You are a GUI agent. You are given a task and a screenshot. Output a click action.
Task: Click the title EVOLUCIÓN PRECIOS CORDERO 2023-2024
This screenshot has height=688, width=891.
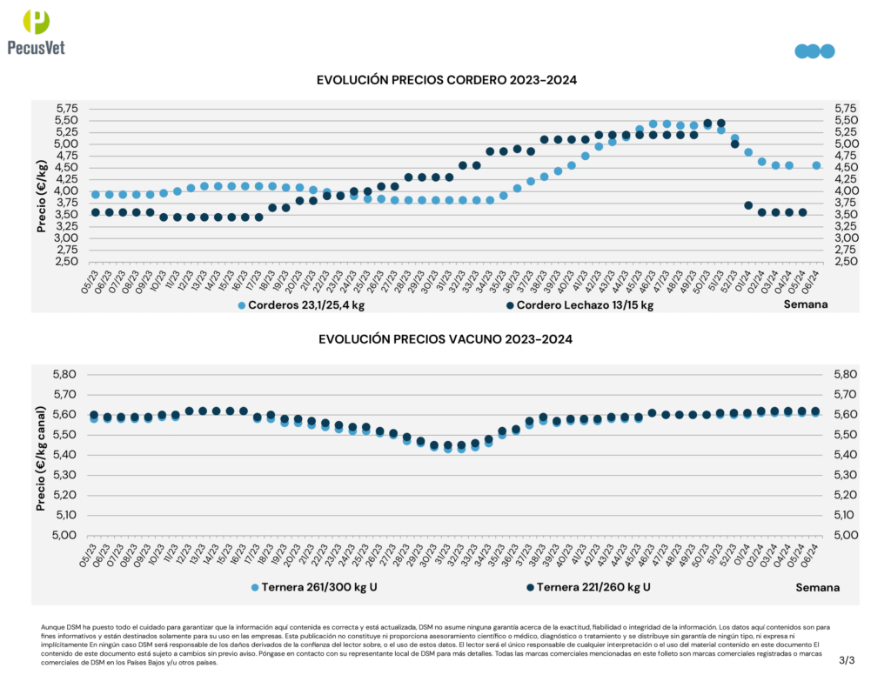(446, 80)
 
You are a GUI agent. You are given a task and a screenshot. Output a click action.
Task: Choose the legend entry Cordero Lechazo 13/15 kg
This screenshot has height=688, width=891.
(579, 305)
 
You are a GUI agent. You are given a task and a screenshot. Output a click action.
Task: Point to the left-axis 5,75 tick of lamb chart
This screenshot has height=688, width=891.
(67, 109)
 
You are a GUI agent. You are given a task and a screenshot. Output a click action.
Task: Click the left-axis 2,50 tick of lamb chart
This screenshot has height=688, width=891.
(67, 262)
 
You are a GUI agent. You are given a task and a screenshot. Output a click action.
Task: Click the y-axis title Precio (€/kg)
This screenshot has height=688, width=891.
(41, 196)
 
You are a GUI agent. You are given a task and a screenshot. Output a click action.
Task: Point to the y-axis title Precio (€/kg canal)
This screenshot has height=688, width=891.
(41, 454)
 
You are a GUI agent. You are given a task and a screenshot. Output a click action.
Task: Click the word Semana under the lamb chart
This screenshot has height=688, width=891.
(806, 304)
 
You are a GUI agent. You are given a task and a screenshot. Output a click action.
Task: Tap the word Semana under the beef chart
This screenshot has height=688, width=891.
(817, 587)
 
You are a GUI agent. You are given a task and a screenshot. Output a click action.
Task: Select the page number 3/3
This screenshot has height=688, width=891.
(847, 661)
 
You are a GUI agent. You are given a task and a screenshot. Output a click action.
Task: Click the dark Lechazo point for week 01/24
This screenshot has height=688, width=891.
(748, 205)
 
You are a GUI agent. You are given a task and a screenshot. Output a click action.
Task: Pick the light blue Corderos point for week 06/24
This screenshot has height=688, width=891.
(816, 165)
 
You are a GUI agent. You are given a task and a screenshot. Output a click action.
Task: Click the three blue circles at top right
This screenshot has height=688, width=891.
(814, 51)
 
